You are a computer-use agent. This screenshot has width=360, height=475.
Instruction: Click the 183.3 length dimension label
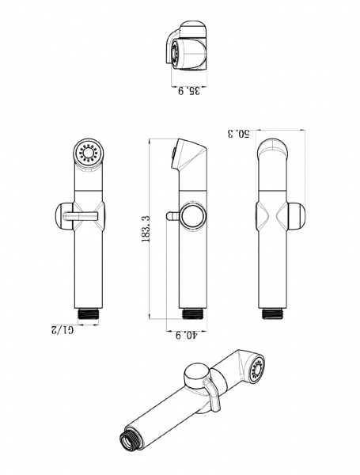tap(146, 230)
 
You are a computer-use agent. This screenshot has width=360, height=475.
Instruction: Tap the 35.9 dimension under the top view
tap(189, 91)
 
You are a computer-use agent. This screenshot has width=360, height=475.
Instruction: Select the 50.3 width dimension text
tap(238, 134)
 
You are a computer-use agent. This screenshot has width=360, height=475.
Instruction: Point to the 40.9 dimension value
tap(186, 336)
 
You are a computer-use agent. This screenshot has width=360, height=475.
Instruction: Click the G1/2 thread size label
tap(63, 330)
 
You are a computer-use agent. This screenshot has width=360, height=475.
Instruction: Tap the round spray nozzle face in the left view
tap(89, 154)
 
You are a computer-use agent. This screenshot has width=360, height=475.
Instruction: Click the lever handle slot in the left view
tap(81, 215)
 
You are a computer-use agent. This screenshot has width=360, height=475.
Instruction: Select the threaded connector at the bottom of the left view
tap(89, 313)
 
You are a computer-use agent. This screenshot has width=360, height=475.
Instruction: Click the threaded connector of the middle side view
tap(192, 313)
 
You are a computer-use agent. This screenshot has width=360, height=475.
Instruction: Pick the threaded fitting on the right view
tap(272, 313)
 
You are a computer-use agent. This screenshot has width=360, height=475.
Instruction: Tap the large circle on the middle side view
tap(194, 216)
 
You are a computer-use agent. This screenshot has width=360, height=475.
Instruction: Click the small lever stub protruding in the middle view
tap(172, 216)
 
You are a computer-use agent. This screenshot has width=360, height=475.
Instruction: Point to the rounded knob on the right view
tap(296, 216)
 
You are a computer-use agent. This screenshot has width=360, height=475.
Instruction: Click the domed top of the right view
tap(272, 149)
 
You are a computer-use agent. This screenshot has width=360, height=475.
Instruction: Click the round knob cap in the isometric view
tap(198, 375)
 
